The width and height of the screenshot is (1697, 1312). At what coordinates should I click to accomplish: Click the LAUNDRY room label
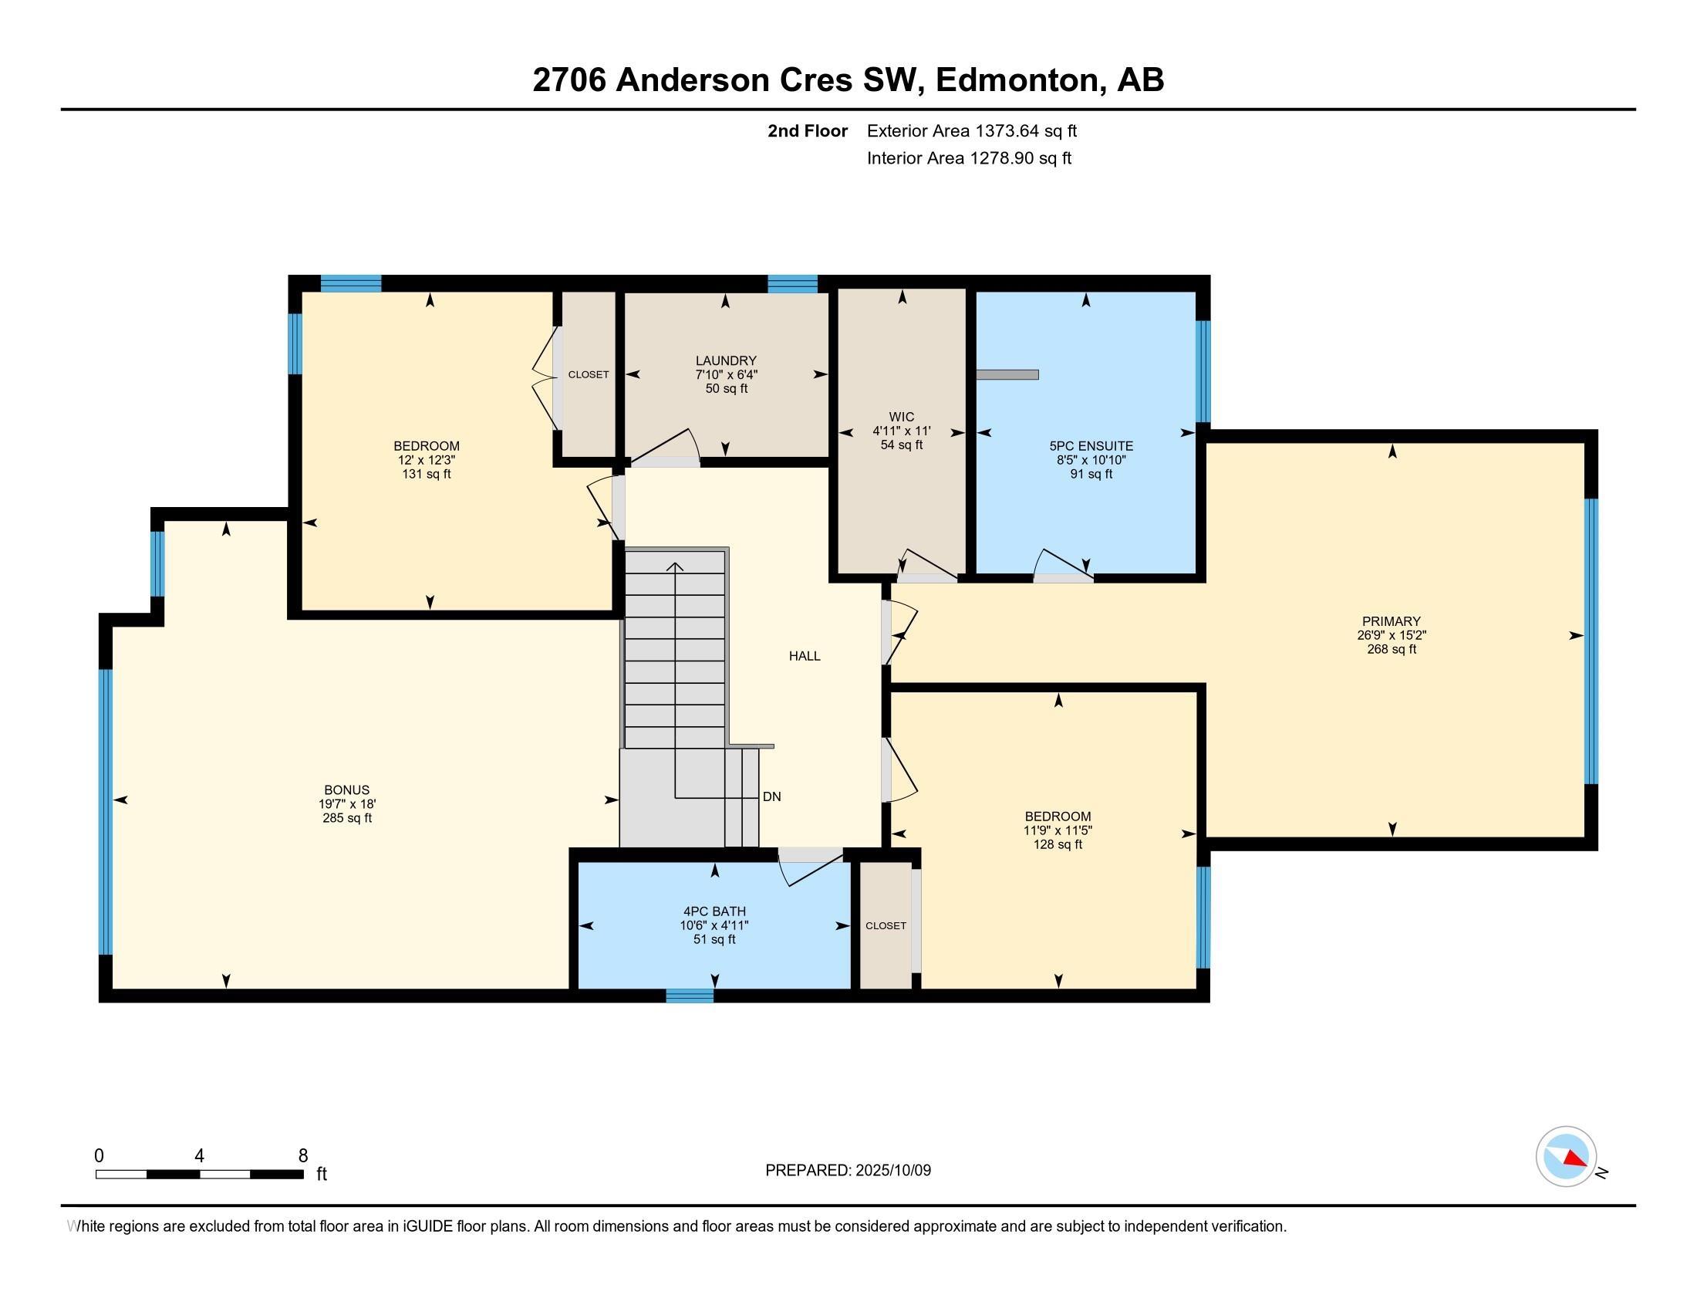pos(726,360)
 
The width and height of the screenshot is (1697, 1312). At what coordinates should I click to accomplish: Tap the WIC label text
pos(901,418)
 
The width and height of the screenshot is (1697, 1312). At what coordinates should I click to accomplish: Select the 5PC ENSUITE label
pos(1091,446)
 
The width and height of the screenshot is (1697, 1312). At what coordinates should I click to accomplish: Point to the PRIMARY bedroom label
pos(1391,621)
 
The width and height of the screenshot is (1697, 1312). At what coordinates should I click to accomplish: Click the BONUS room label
pos(346,790)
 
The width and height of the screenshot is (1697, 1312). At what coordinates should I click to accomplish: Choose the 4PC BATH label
pos(714,911)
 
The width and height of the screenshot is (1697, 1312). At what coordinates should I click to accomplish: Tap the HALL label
pos(805,656)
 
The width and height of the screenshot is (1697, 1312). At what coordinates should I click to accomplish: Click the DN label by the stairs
pos(771,796)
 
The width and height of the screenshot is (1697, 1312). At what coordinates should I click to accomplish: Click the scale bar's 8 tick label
pos(303,1156)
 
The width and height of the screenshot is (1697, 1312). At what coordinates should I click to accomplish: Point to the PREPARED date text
pos(848,1170)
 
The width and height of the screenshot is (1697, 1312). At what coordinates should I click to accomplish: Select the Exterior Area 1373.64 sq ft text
pos(972,130)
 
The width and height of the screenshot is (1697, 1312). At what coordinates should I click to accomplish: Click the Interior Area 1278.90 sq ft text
pos(969,157)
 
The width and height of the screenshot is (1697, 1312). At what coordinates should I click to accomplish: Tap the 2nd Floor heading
pos(808,130)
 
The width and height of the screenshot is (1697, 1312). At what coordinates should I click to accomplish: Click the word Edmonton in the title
pos(1021,80)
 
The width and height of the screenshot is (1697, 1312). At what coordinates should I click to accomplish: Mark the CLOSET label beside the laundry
pos(589,374)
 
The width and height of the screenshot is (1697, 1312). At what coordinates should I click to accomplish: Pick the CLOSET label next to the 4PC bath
pos(886,925)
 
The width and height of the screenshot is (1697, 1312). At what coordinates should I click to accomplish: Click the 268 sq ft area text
pos(1391,649)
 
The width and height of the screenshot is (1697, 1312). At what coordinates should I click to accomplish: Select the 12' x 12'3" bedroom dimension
pos(426,460)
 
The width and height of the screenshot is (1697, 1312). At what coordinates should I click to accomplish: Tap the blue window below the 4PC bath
pos(689,996)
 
